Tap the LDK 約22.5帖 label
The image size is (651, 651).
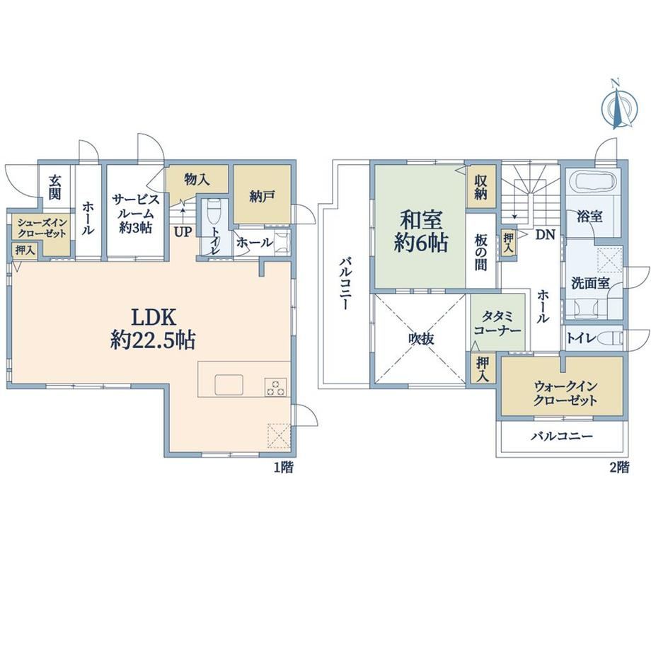pyautogui.click(x=154, y=329)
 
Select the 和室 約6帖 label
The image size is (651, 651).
pyautogui.click(x=421, y=231)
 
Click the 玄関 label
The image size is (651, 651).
pyautogui.click(x=54, y=187)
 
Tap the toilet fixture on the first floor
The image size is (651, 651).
pyautogui.click(x=214, y=212)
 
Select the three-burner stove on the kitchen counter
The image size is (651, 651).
pyautogui.click(x=276, y=388)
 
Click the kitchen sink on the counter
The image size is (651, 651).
pyautogui.click(x=229, y=384)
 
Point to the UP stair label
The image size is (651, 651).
pyautogui.click(x=183, y=232)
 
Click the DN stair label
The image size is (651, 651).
pyautogui.click(x=545, y=235)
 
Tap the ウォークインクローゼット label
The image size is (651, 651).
pyautogui.click(x=565, y=393)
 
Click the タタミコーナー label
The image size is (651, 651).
pyautogui.click(x=497, y=323)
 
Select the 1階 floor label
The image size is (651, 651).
pyautogui.click(x=283, y=467)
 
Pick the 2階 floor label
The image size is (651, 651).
pyautogui.click(x=619, y=467)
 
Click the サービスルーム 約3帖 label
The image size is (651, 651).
pyautogui.click(x=135, y=214)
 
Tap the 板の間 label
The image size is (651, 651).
pyautogui.click(x=480, y=252)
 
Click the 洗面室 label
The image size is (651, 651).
pyautogui.click(x=590, y=284)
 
